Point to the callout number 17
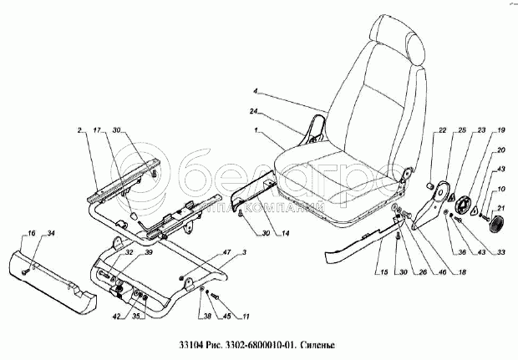click(x=97, y=130)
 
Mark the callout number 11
click(x=246, y=316)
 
